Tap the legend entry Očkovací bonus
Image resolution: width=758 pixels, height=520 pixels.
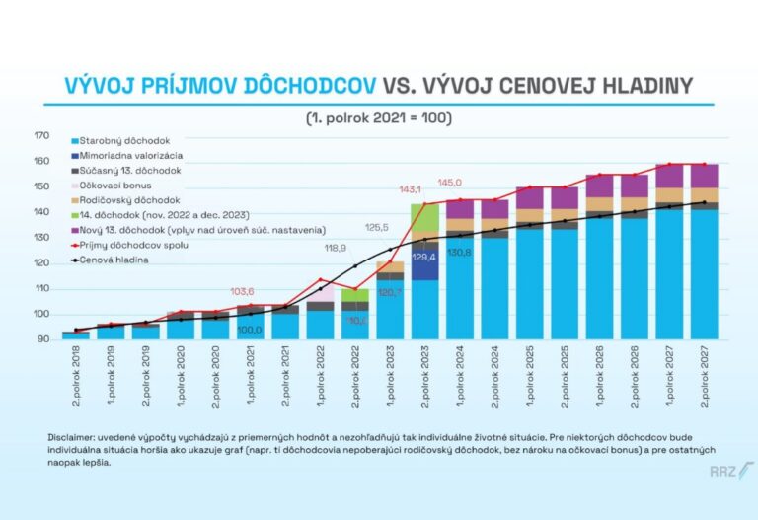click(x=114, y=186)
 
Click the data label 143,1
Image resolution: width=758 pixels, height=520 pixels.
click(x=410, y=188)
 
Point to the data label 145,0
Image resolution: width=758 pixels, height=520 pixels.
click(x=450, y=183)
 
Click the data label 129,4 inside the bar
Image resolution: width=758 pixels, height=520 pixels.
click(x=424, y=257)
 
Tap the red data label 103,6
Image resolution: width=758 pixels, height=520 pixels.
click(x=243, y=292)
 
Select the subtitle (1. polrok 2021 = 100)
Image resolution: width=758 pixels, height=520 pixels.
click(x=379, y=117)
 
